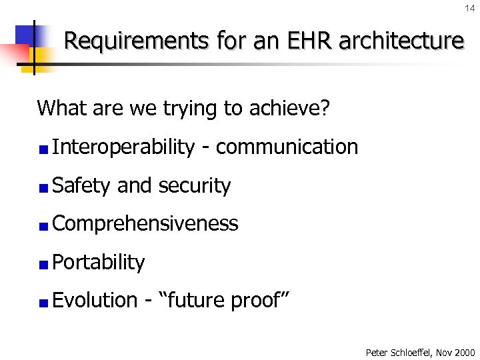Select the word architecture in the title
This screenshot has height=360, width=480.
pos(401,41)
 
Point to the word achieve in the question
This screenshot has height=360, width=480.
pos(293,108)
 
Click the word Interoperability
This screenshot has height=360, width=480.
pos(123,147)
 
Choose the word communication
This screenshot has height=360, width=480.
pos(287,147)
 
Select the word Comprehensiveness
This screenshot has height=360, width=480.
pos(145,224)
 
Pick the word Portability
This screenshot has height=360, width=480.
pos(98,263)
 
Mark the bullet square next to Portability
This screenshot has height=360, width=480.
pos(43,265)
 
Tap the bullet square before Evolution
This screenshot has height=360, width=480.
pos(43,303)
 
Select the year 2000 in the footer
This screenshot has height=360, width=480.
pos(464,352)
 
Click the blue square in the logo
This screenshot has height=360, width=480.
pos(28,36)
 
